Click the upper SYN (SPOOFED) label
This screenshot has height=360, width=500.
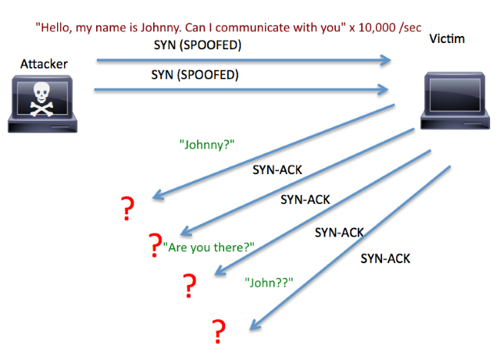pyautogui.click(x=198, y=45)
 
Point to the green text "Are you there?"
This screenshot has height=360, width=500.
pyautogui.click(x=209, y=248)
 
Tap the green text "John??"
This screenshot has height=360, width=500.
pyautogui.click(x=268, y=282)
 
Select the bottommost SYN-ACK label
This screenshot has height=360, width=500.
pyautogui.click(x=385, y=258)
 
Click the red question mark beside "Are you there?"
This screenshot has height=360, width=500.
pyautogui.click(x=155, y=246)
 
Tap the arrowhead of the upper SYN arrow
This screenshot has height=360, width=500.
pyautogui.click(x=385, y=60)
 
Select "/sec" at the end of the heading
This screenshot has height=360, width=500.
pyautogui.click(x=408, y=27)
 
